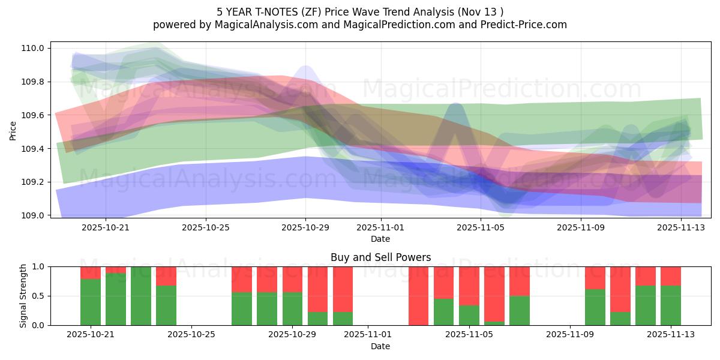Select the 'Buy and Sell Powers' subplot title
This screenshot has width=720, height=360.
[x=380, y=257]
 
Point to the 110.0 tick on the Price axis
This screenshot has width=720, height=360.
[x=34, y=48]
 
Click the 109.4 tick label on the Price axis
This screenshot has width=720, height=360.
[x=34, y=148]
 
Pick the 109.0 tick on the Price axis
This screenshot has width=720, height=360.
[x=34, y=215]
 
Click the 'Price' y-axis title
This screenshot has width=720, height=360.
[x=13, y=130]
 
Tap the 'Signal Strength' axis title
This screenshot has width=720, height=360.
[x=23, y=296]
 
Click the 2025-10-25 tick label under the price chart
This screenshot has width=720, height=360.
[x=206, y=227]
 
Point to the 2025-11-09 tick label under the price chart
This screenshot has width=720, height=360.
[x=581, y=227]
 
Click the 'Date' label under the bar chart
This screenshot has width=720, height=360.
[x=380, y=346]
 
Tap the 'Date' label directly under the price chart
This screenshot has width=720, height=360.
[x=380, y=239]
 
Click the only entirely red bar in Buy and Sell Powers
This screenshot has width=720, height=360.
[x=418, y=296]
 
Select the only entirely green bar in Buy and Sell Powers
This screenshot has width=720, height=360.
[x=141, y=296]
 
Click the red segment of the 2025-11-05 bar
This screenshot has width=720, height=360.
[x=469, y=286]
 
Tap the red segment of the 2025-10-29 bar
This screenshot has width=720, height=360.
[x=292, y=279]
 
